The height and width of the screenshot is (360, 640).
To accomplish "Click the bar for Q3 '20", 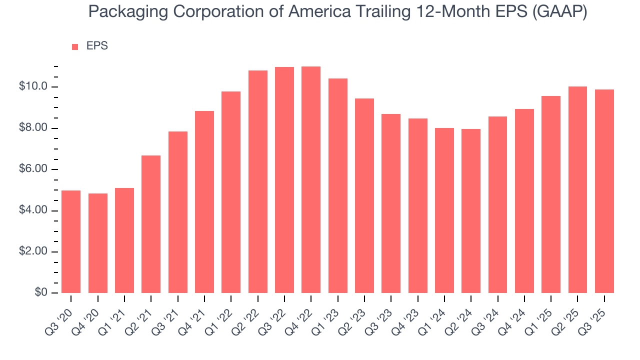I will tap(71, 241).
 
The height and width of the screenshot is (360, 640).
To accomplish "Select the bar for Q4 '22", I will tap(311, 180).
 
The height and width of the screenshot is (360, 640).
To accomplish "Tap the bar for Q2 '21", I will tap(151, 224).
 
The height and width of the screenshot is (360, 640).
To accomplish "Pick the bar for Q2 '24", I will tap(471, 211).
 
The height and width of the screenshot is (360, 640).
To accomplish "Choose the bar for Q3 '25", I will tap(604, 191).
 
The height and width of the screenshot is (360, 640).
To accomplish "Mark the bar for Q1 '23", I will tap(338, 185).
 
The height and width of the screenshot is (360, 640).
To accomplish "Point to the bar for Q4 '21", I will tap(204, 202).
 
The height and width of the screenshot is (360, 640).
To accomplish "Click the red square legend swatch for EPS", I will tap(75, 47).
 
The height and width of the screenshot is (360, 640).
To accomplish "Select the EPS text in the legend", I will tap(97, 46).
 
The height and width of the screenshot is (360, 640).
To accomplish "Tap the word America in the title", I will tap(312, 12).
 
